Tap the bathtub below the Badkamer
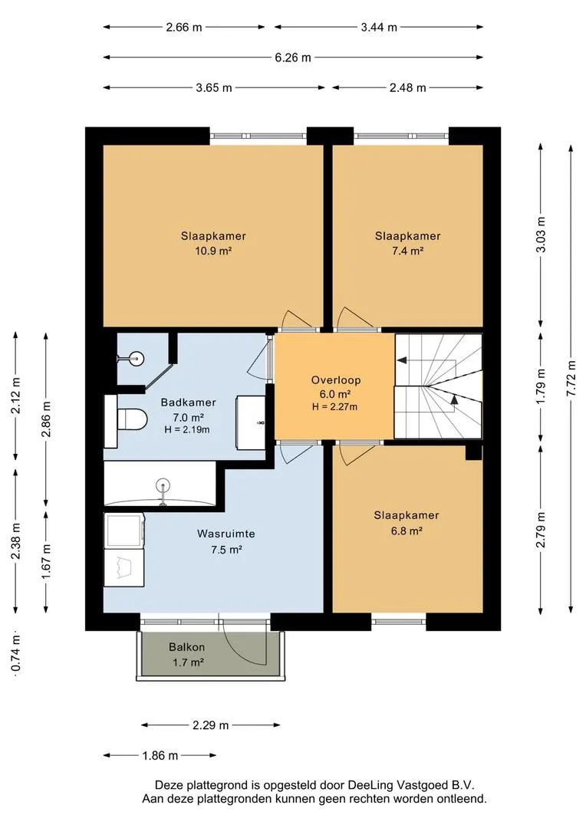pos(160,484)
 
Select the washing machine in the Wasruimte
pos(125,531)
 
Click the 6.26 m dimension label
pos(293,58)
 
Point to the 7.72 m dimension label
pos(571,379)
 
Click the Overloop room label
pos(335,379)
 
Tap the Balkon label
pos(186,647)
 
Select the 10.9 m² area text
pos(213,251)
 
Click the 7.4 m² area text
pos(407,251)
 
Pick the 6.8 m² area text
pos(407,531)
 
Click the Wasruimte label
pos(226,534)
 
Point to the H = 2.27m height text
pos(335,407)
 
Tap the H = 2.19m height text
pos(187,430)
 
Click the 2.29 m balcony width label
pos(210,725)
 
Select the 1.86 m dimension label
pos(160,756)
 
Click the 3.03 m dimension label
pos(541,235)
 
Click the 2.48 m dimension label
pos(407,87)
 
